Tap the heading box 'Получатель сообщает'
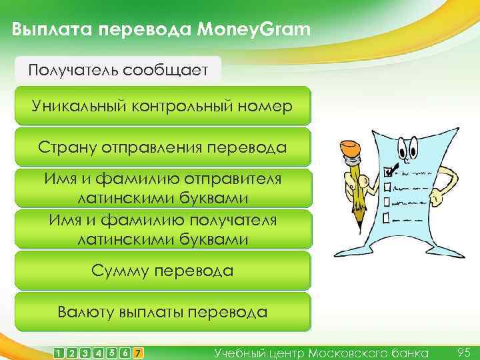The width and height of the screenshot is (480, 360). [x=119, y=69]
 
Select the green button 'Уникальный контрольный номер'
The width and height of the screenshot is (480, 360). [x=163, y=106]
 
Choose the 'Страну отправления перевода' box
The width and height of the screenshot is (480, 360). [x=163, y=147]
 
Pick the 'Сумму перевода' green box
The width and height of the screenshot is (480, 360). [x=163, y=271]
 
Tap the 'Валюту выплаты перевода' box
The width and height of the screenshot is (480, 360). [x=163, y=311]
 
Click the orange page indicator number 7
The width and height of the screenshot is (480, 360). [x=137, y=353]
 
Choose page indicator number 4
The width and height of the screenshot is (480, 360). [x=99, y=353]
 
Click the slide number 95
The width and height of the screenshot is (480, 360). [x=465, y=351]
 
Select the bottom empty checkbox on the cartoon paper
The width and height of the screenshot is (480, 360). [x=387, y=219]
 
